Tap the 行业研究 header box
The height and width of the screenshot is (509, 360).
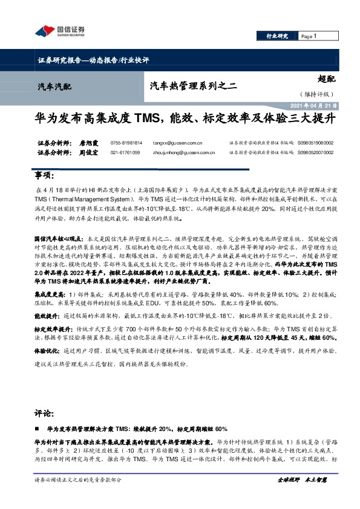coord(278,36)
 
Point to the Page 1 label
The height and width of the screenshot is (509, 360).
coord(309,36)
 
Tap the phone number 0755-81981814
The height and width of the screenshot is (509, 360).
coord(126,143)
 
